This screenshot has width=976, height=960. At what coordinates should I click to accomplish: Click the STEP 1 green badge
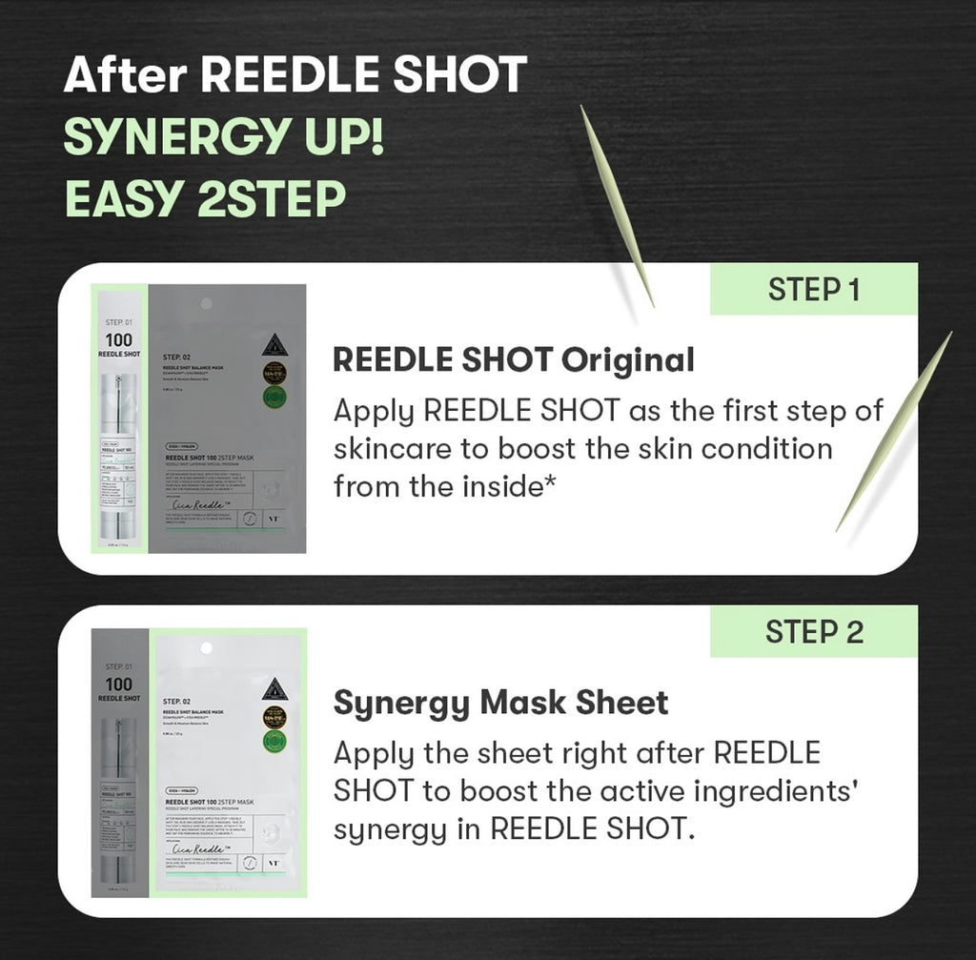pyautogui.click(x=813, y=290)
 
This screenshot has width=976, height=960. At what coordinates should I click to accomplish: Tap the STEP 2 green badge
pyautogui.click(x=813, y=632)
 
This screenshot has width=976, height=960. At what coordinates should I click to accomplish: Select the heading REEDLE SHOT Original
pyautogui.click(x=513, y=360)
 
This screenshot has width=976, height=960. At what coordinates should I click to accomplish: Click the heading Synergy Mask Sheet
pyautogui.click(x=500, y=704)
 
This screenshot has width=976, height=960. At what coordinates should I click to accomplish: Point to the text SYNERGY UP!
pyautogui.click(x=224, y=139)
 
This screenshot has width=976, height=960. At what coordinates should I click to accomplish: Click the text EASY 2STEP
pyautogui.click(x=204, y=199)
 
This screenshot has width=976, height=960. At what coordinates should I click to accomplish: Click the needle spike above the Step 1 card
pyautogui.click(x=618, y=205)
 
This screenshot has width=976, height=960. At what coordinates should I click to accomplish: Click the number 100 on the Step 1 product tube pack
pyautogui.click(x=119, y=340)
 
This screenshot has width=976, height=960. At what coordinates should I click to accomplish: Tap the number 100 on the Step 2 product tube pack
pyautogui.click(x=119, y=684)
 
